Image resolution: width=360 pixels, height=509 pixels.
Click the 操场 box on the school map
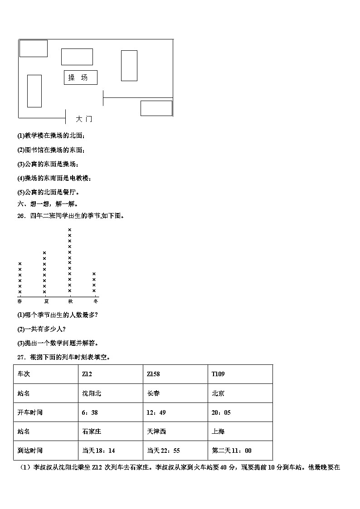pos(80,78)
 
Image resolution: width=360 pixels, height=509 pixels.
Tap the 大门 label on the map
pos(84,119)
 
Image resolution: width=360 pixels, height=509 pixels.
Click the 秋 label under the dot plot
pos(70,301)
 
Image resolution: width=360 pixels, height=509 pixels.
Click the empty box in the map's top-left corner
pos(34,48)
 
